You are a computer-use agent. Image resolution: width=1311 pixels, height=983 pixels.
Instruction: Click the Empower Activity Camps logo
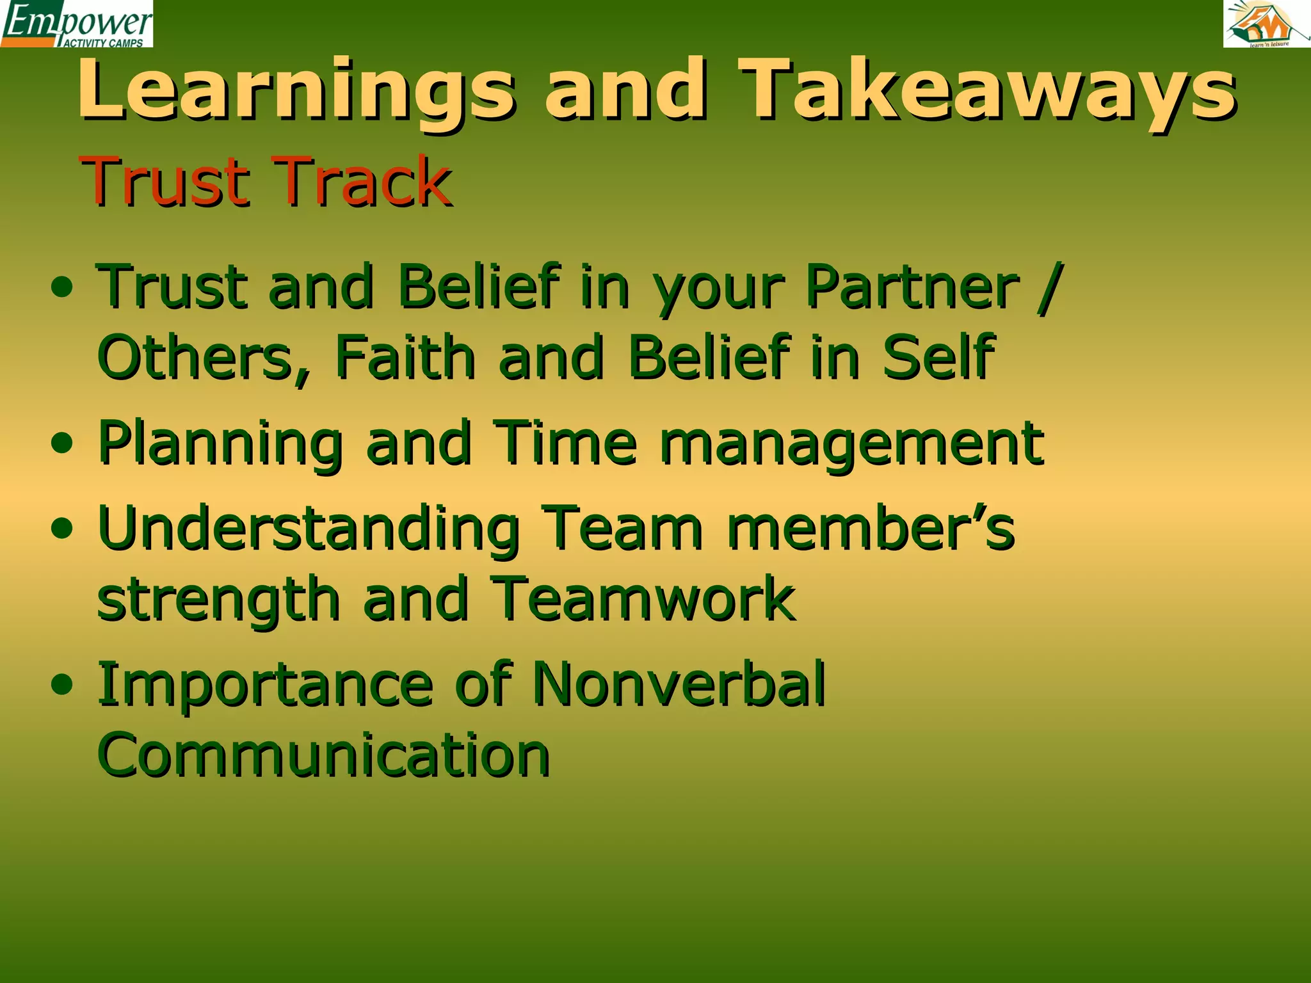point(77,24)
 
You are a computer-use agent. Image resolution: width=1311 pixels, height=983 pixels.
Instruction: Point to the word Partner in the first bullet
point(912,287)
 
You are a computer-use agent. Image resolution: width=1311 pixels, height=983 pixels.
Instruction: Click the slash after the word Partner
point(1050,288)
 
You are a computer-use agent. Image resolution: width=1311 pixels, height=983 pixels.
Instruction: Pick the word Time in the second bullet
point(566,443)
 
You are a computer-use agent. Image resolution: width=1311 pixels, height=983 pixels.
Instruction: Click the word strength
point(218,600)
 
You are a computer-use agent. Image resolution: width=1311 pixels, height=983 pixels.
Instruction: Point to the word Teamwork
point(643,599)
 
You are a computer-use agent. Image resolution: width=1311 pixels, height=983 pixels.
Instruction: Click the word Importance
point(265,686)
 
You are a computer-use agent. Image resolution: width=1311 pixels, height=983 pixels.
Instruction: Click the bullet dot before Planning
point(62,443)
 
